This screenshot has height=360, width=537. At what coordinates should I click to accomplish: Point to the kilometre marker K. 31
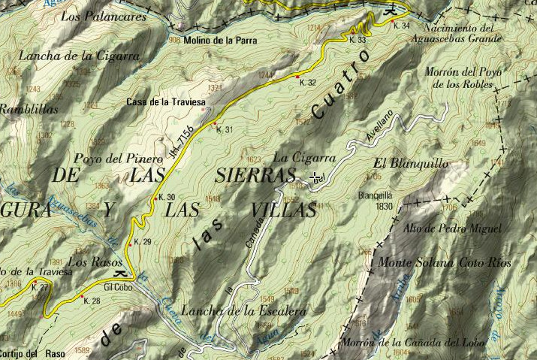(225, 130)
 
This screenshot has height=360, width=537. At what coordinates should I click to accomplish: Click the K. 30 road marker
(166, 198)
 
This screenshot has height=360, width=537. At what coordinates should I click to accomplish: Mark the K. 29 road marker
(142, 241)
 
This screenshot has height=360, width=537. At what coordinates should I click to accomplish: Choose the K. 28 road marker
(92, 301)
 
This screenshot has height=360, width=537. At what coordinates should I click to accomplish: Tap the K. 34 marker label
(402, 26)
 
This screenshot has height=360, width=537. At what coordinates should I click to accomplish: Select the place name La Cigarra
(304, 158)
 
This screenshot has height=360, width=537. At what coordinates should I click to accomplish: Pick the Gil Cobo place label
(118, 287)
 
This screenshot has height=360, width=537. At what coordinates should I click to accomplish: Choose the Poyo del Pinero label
(118, 159)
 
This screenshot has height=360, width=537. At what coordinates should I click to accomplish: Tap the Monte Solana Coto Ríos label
(444, 263)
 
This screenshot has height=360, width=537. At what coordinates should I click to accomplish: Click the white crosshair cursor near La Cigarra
(316, 177)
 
